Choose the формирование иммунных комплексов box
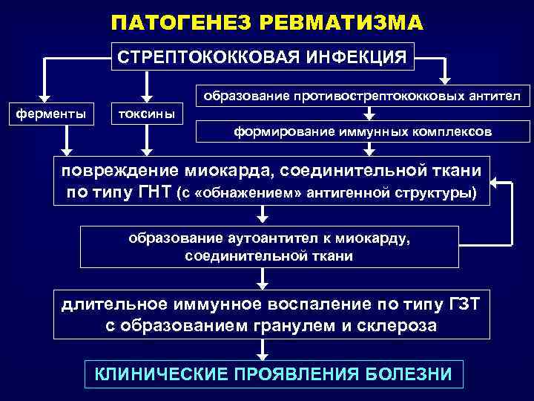[363, 131]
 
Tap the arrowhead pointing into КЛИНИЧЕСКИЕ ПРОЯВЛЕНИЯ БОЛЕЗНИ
[262, 355]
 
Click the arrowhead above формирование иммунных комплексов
[369, 116]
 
